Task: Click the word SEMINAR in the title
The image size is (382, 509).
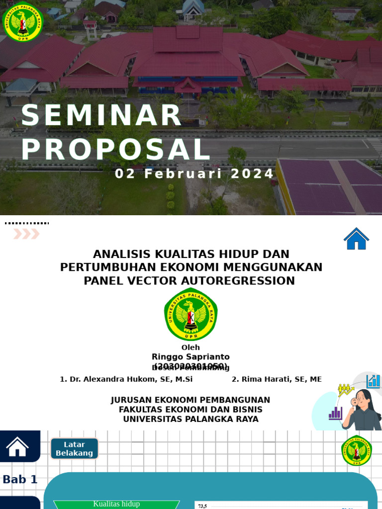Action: click(101, 115)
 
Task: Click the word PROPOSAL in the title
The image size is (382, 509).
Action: click(116, 150)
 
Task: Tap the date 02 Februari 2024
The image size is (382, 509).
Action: click(194, 174)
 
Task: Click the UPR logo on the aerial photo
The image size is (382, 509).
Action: click(23, 22)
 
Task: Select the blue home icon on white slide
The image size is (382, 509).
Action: click(356, 239)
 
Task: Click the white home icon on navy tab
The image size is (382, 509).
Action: click(17, 446)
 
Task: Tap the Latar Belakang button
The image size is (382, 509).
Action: click(74, 448)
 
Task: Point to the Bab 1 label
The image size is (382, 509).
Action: click(20, 480)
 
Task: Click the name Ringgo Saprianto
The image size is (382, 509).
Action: click(191, 357)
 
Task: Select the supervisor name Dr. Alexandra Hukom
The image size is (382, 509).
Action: click(126, 379)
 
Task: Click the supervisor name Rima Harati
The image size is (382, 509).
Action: click(277, 379)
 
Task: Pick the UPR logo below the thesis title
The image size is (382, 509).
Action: click(191, 314)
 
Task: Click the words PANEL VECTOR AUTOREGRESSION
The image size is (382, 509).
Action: click(189, 281)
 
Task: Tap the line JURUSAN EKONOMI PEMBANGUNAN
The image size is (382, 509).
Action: click(191, 400)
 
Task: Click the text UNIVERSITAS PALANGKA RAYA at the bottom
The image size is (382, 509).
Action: click(191, 419)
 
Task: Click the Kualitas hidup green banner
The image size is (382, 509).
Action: click(116, 504)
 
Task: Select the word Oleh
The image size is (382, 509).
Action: click(191, 347)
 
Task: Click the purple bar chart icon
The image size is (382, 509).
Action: click(336, 413)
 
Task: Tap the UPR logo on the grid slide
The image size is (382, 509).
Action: click(356, 450)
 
